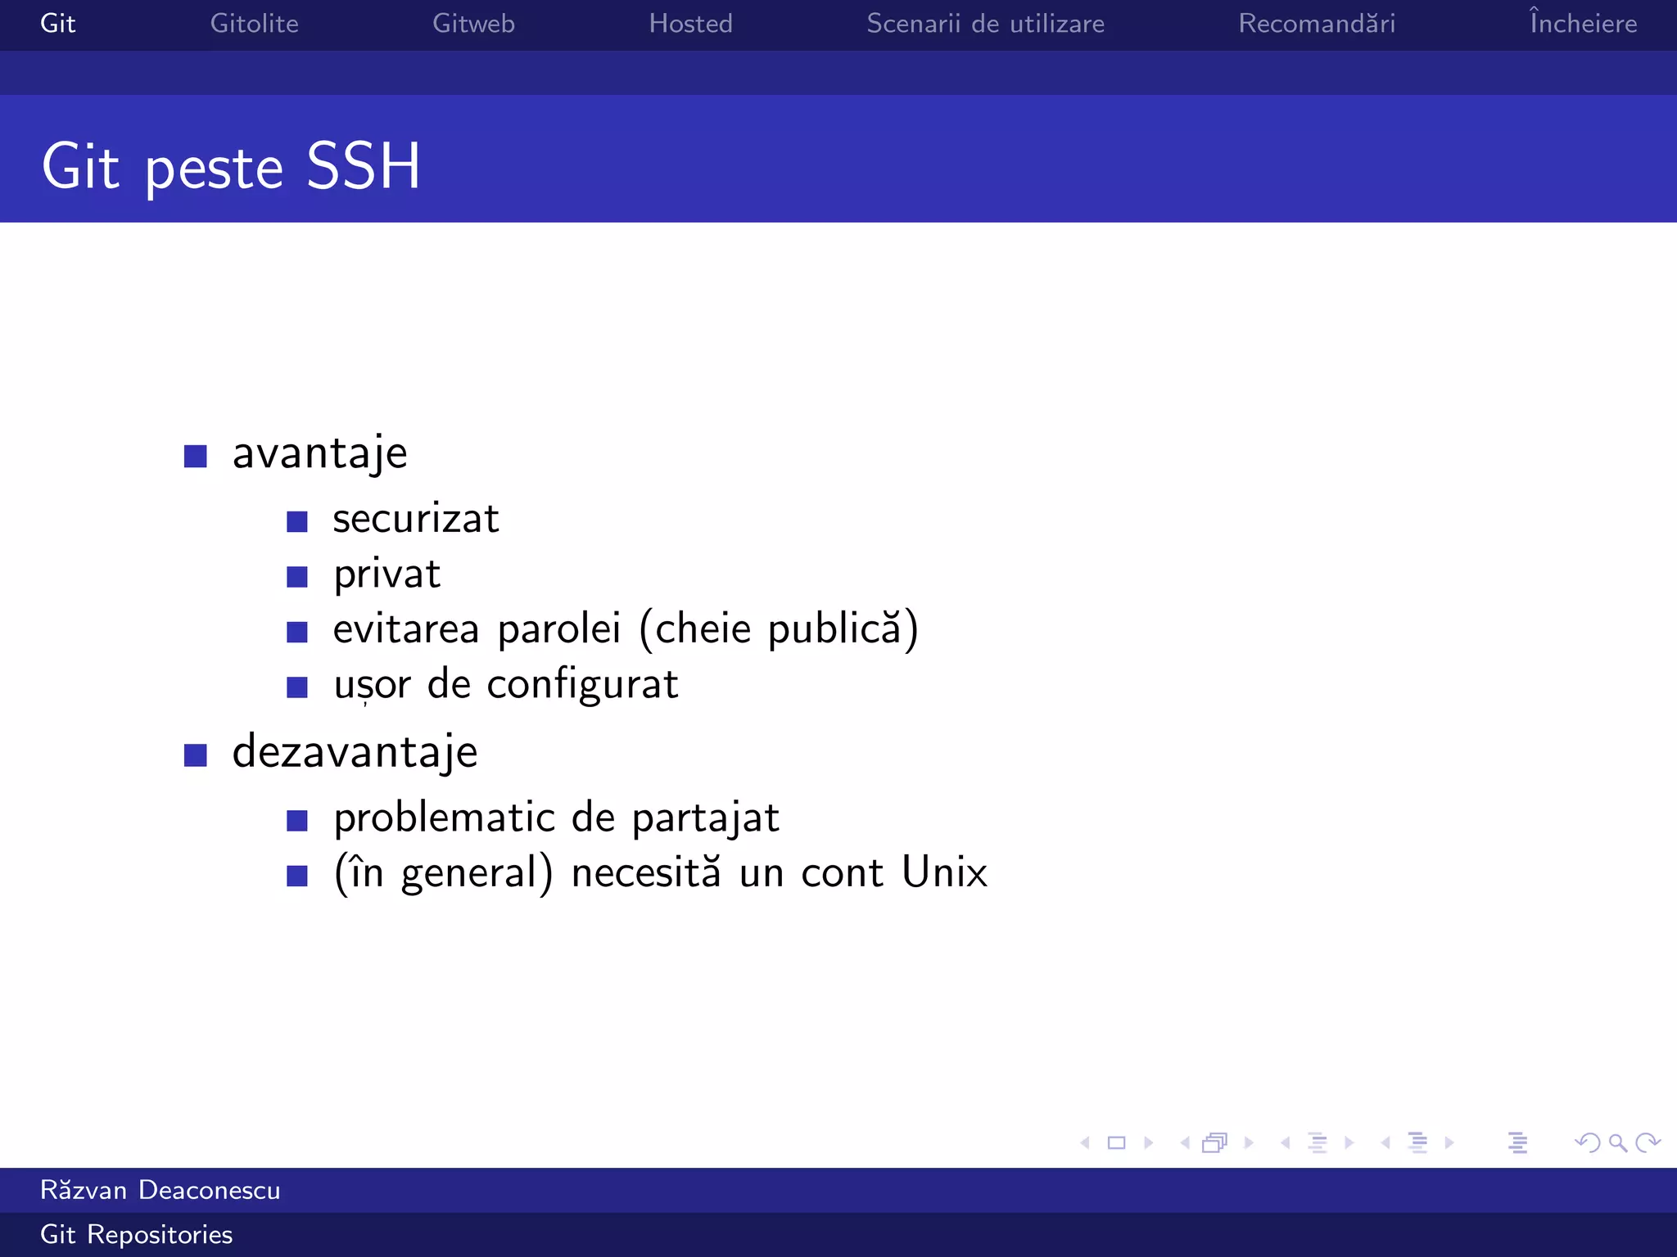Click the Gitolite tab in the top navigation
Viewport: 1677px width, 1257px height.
pyautogui.click(x=254, y=24)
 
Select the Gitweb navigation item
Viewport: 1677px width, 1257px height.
pyautogui.click(x=473, y=24)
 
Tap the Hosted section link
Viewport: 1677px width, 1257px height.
pyautogui.click(x=690, y=24)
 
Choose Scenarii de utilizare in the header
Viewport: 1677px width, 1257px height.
pyautogui.click(x=985, y=24)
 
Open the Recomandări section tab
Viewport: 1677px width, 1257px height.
pyautogui.click(x=1317, y=24)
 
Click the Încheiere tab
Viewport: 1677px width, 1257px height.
pyautogui.click(x=1583, y=24)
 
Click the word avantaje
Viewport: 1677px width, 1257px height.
pyautogui.click(x=319, y=454)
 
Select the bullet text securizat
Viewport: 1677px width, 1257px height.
pyautogui.click(x=416, y=519)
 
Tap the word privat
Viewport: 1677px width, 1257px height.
pyautogui.click(x=386, y=574)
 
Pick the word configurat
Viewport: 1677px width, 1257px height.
pyautogui.click(x=582, y=685)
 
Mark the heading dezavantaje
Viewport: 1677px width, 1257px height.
pyautogui.click(x=355, y=752)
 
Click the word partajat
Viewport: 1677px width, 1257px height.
pyautogui.click(x=705, y=818)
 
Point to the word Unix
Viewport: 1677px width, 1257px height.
pyautogui.click(x=944, y=872)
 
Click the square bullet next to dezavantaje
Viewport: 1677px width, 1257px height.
pyautogui.click(x=196, y=755)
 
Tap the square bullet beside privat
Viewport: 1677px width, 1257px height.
pyautogui.click(x=297, y=577)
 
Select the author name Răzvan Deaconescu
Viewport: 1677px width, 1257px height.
pyautogui.click(x=160, y=1190)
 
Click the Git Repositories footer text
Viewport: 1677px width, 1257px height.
pyautogui.click(x=137, y=1234)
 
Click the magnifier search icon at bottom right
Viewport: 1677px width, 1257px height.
pyautogui.click(x=1617, y=1142)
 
